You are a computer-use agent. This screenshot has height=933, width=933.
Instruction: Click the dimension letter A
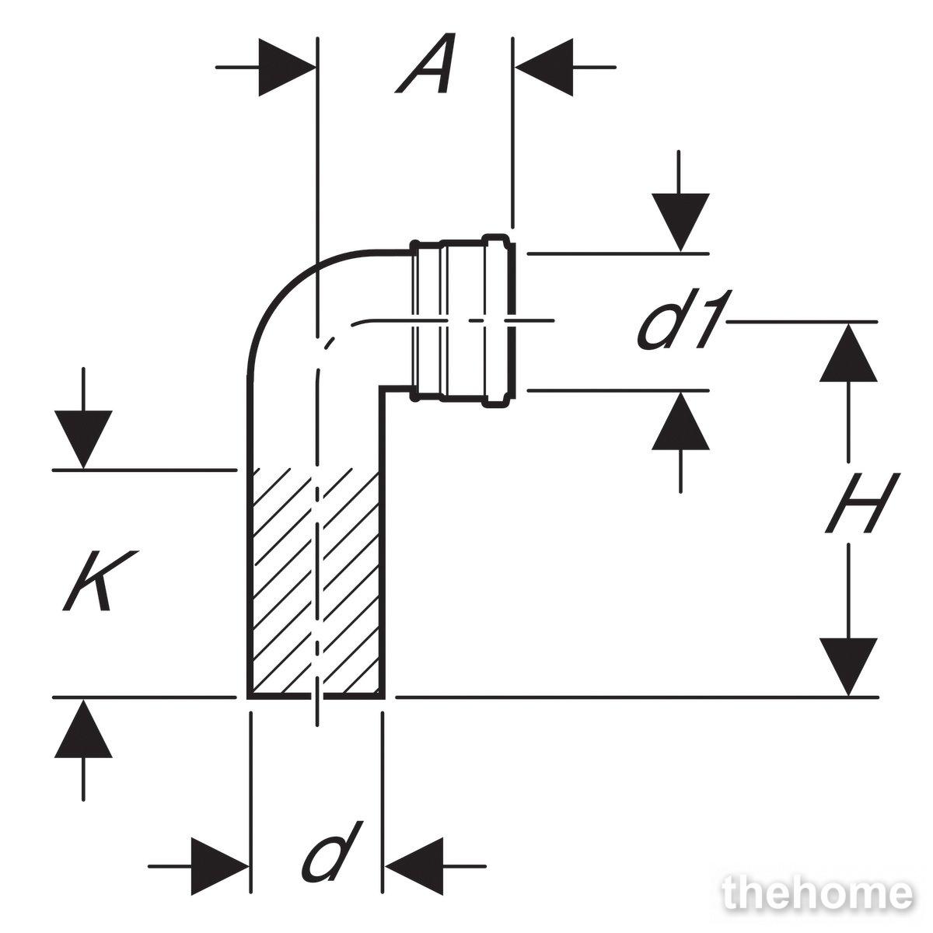tap(425, 64)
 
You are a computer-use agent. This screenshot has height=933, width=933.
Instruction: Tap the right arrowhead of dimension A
tap(544, 68)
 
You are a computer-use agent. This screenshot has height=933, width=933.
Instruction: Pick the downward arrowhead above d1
tap(680, 222)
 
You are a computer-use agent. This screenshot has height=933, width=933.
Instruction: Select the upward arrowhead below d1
tap(680, 421)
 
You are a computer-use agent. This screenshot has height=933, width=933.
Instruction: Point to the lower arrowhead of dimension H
tap(848, 666)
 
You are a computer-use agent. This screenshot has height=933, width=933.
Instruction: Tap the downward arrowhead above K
tap(83, 439)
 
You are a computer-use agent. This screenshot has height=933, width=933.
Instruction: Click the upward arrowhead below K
tap(83, 729)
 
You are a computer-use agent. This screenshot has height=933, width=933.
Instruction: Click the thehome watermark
tap(817, 894)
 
